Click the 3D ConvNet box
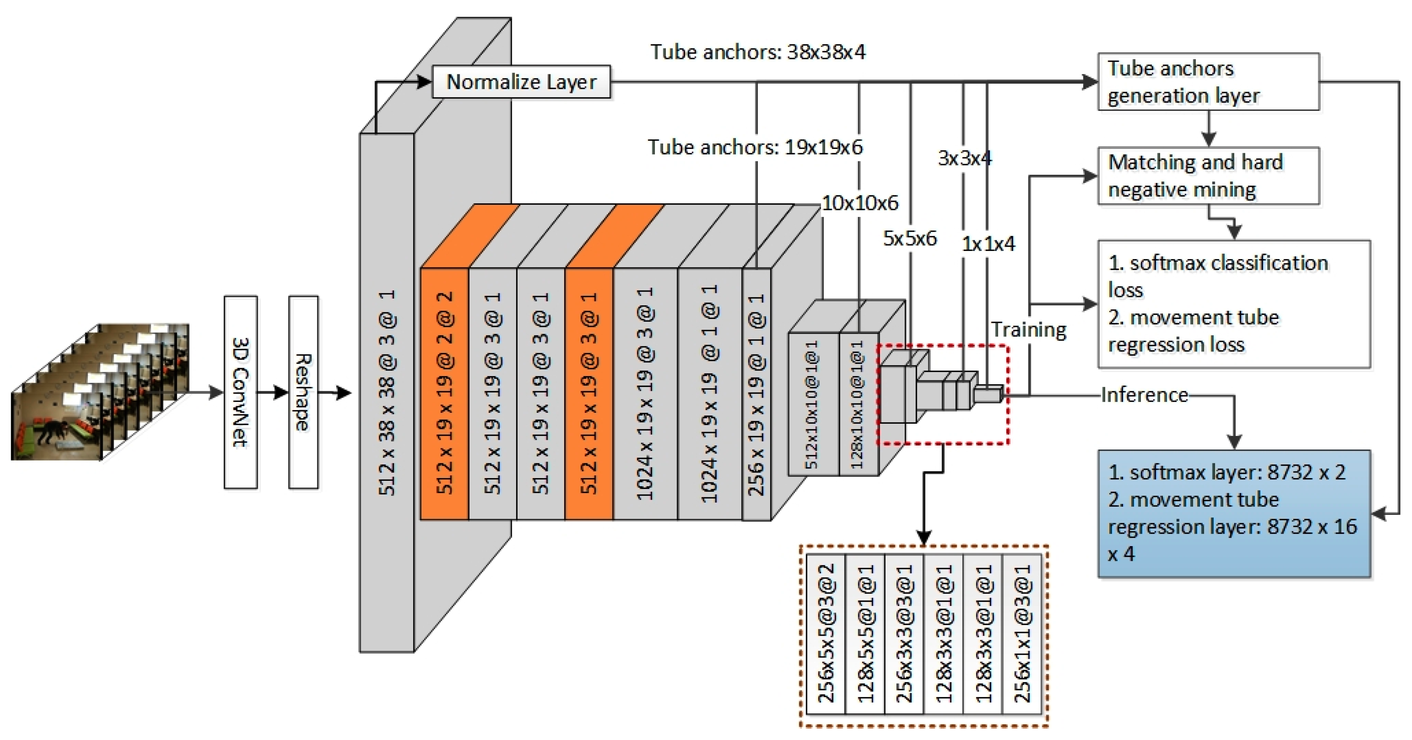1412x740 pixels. click(x=240, y=392)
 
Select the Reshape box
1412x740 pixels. click(x=303, y=392)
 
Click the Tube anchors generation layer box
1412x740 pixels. click(x=1208, y=82)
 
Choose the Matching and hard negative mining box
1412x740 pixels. click(x=1208, y=176)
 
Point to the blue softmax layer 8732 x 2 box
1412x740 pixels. click(x=1233, y=513)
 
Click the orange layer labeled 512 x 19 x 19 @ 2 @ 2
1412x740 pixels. click(x=444, y=393)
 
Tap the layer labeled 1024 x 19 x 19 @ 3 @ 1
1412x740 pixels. click(x=645, y=393)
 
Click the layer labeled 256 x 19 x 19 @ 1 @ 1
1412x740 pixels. click(x=757, y=393)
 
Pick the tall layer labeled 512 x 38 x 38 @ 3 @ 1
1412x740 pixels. click(x=386, y=393)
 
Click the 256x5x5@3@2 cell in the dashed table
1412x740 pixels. click(x=825, y=634)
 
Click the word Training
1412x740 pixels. click(x=1028, y=329)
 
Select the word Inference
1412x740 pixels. click(x=1144, y=395)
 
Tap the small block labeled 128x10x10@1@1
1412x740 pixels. click(x=859, y=404)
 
